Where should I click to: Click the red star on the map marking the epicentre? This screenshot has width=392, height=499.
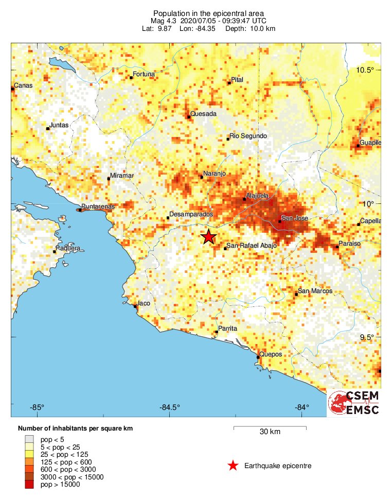(x=208, y=237)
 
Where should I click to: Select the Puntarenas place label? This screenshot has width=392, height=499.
(x=98, y=207)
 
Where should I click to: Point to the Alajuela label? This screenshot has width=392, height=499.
(x=258, y=196)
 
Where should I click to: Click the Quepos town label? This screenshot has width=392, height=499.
(x=271, y=354)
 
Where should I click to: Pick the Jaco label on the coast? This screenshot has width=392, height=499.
(x=144, y=303)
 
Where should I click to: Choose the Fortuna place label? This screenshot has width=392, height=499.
(x=144, y=74)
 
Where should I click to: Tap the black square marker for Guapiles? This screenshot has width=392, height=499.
(x=358, y=146)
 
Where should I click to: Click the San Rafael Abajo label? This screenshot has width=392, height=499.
(x=252, y=246)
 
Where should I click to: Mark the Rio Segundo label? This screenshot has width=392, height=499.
(x=248, y=135)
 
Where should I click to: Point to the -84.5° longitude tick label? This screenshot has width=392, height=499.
(x=170, y=408)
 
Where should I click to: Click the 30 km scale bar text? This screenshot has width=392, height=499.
(x=270, y=432)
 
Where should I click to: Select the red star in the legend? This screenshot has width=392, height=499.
(x=233, y=466)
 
